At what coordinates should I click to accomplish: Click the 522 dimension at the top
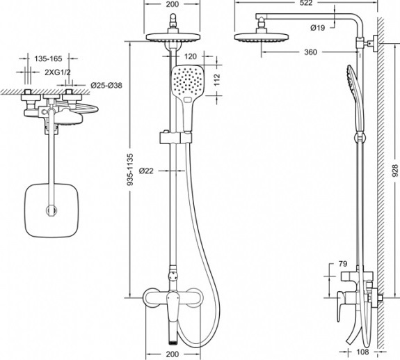click(306, 3)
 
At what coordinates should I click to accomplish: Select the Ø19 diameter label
click(318, 28)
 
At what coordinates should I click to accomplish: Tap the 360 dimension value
click(310, 52)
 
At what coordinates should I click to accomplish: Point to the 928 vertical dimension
click(395, 171)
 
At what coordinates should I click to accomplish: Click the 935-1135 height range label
click(130, 169)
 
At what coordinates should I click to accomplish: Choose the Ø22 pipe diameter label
click(146, 171)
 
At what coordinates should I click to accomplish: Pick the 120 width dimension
click(191, 56)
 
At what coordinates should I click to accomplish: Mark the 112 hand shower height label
click(216, 80)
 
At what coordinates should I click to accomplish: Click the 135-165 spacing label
click(48, 58)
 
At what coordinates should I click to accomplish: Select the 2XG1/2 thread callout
click(58, 72)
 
